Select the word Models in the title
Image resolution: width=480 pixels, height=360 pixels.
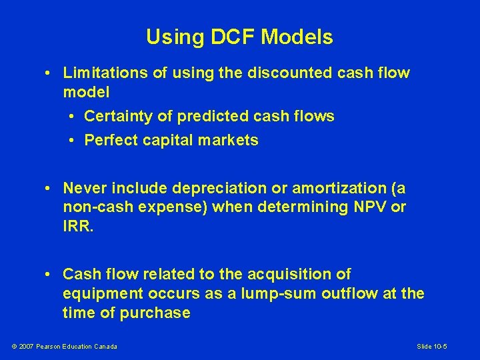point(297,37)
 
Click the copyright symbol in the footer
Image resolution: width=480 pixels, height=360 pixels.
point(15,346)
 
